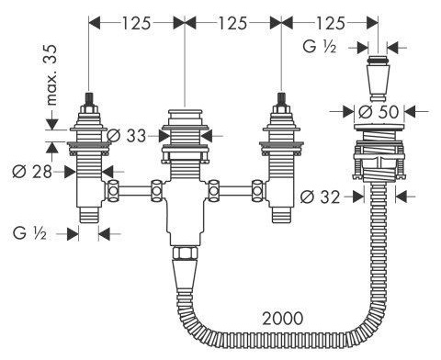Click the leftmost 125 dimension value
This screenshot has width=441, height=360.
pos(137,23)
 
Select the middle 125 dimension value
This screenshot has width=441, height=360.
pos(232,23)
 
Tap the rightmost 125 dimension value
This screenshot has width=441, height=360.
pos(331,23)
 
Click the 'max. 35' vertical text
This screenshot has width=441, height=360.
pos(52,75)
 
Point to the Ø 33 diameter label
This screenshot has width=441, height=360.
pos(127,136)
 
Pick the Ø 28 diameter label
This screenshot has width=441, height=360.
pos(32,172)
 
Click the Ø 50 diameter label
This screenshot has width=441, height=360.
pos(379,112)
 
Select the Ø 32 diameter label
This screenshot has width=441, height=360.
pos(320,197)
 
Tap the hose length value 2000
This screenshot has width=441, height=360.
pos(283,319)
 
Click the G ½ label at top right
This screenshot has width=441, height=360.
pos(320,47)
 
